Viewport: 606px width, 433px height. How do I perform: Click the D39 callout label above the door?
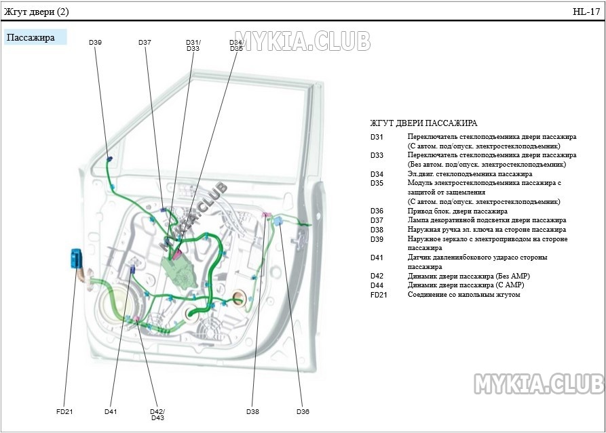(x=95, y=43)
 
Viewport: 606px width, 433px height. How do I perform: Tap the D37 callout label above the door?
(x=145, y=43)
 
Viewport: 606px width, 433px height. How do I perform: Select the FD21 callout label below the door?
(x=64, y=411)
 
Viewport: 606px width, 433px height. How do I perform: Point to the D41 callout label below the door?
(x=111, y=411)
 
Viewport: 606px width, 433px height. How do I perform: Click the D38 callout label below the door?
(x=252, y=411)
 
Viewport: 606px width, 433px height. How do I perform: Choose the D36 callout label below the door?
(x=303, y=411)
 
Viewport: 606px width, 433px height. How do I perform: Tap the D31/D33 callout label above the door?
(x=193, y=45)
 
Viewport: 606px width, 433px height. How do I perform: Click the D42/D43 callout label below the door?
(x=157, y=414)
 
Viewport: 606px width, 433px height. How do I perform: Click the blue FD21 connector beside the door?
(x=76, y=259)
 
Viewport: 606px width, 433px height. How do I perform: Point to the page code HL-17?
(x=586, y=12)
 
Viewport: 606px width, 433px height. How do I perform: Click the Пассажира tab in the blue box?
(x=31, y=37)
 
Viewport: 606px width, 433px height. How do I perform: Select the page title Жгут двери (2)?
(x=37, y=12)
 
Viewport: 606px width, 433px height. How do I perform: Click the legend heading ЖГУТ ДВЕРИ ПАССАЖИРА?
(x=423, y=123)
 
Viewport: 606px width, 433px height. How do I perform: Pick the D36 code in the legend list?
(x=377, y=211)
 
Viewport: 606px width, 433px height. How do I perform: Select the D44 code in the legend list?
(x=377, y=285)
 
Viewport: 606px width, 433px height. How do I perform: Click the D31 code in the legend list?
(x=377, y=137)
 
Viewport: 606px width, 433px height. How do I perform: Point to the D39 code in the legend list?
(x=377, y=239)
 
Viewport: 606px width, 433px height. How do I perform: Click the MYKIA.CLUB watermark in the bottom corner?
(x=538, y=384)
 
